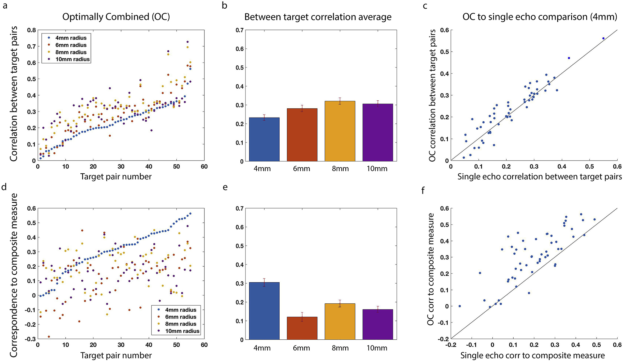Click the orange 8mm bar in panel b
pos(340,131)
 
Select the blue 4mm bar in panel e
pos(264,311)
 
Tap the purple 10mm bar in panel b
pos(377,133)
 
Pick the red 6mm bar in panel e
pos(302,328)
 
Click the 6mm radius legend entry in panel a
pos(71,45)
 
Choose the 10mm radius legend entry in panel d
pos(182,331)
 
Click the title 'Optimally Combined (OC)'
pos(116,17)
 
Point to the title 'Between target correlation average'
pos(318,17)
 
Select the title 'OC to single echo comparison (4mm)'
pos(540,17)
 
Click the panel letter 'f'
pos(423,191)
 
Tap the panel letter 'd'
pos(4,187)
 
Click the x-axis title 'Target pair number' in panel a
pos(116,177)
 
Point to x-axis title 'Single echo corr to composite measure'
pos(532,355)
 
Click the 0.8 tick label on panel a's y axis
pos(31,30)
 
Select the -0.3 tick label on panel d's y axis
pos(30,339)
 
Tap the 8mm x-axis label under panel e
pos(340,348)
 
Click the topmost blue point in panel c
pos(603,38)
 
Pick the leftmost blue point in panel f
pos(459,306)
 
